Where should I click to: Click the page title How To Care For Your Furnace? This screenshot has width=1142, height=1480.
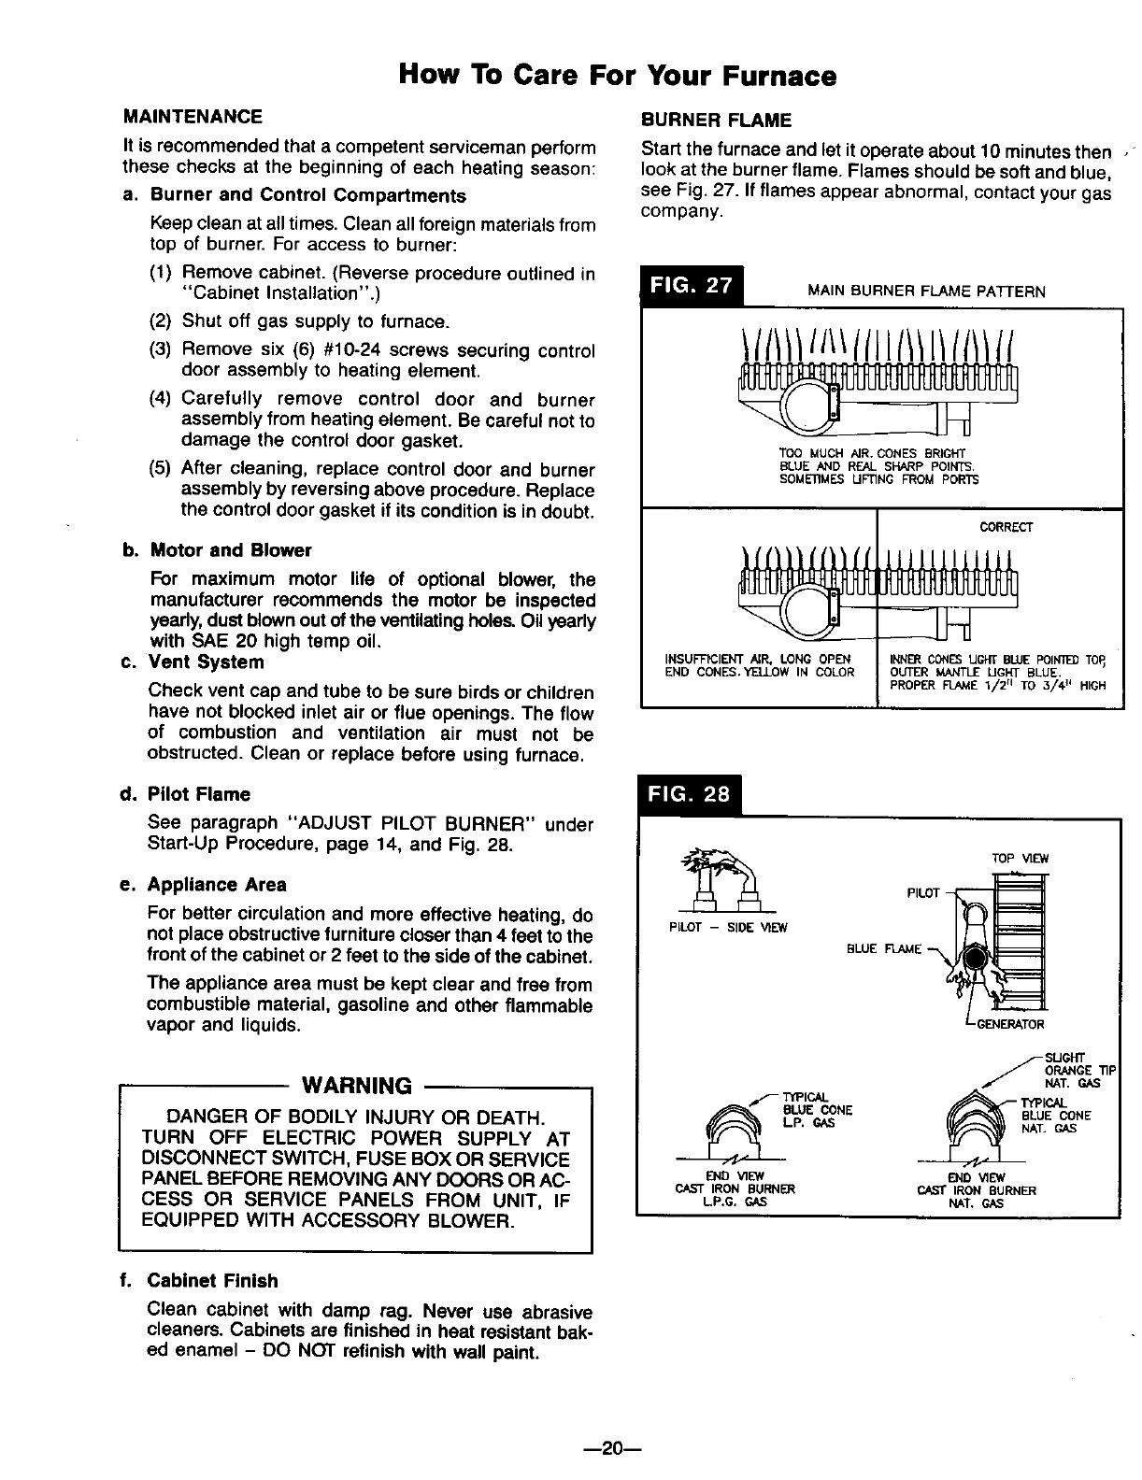pos(617,74)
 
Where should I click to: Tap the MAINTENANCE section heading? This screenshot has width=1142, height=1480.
pos(193,117)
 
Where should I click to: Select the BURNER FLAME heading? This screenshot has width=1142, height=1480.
pos(715,120)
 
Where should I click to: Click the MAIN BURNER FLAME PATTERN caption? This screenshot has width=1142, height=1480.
pos(926,292)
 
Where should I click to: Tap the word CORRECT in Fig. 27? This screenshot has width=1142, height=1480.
pos(1005,527)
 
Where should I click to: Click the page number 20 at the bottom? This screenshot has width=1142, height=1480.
pos(612,1448)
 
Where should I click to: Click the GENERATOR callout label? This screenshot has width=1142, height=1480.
pos(1009,1024)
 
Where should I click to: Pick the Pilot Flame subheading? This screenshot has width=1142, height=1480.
pos(199,794)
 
